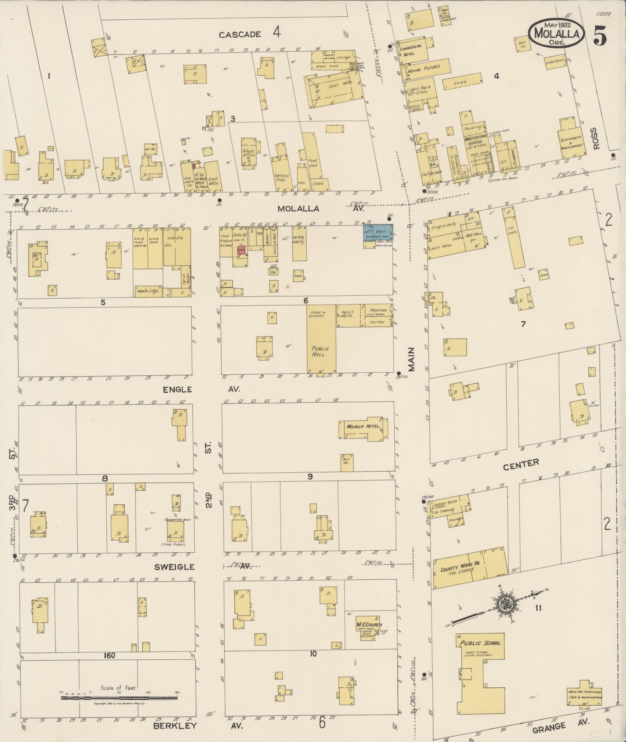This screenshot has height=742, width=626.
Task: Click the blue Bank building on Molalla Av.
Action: [x=378, y=232]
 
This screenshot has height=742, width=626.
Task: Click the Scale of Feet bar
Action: [x=119, y=698]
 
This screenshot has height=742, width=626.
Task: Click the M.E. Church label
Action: [x=369, y=625]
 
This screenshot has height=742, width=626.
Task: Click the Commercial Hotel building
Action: [x=414, y=49]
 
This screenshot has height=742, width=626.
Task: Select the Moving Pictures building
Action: [x=427, y=67]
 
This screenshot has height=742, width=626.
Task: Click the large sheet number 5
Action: [x=600, y=36]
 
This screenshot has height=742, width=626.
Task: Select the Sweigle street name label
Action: [x=174, y=567]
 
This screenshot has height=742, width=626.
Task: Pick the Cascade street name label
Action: [x=239, y=35]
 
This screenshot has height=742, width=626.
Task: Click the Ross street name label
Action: [x=597, y=138]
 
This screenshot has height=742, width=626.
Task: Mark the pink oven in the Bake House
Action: [x=241, y=251]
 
